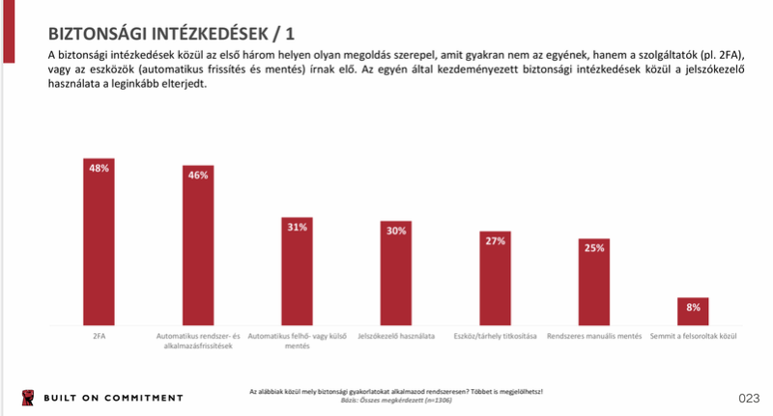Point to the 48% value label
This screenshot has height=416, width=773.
coord(99,168)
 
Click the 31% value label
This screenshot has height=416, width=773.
coord(297,227)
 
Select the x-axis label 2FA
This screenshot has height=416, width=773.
coord(99,336)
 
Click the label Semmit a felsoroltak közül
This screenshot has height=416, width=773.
coord(694,336)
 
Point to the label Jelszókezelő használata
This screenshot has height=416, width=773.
coord(396,336)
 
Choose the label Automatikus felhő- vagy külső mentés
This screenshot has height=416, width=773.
coord(297,340)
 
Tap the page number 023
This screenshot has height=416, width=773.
coord(749,398)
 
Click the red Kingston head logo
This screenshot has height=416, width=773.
coord(26,398)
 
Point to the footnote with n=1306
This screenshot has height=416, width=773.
coord(396,399)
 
